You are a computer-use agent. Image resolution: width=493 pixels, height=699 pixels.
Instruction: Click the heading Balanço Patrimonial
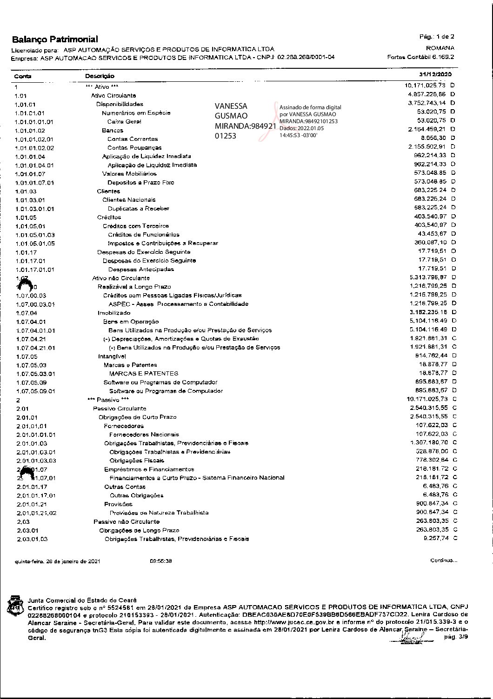55,40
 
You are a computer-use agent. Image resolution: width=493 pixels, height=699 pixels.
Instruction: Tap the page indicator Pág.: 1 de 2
437,37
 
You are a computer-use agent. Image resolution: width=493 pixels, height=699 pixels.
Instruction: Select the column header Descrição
100,76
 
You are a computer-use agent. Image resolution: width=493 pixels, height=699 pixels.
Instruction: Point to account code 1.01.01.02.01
34,139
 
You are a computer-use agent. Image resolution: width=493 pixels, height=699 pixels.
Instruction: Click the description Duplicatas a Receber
139,209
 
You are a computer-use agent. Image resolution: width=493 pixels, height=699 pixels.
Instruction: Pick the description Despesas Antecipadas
141,270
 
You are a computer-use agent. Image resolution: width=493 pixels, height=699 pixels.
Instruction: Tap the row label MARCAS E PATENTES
143,374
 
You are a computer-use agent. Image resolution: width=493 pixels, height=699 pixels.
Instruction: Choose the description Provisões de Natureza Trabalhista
159,513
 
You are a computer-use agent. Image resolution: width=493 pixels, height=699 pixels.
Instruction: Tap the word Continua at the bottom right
443,561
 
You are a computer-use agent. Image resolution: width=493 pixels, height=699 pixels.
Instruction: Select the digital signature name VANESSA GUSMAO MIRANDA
237,121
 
